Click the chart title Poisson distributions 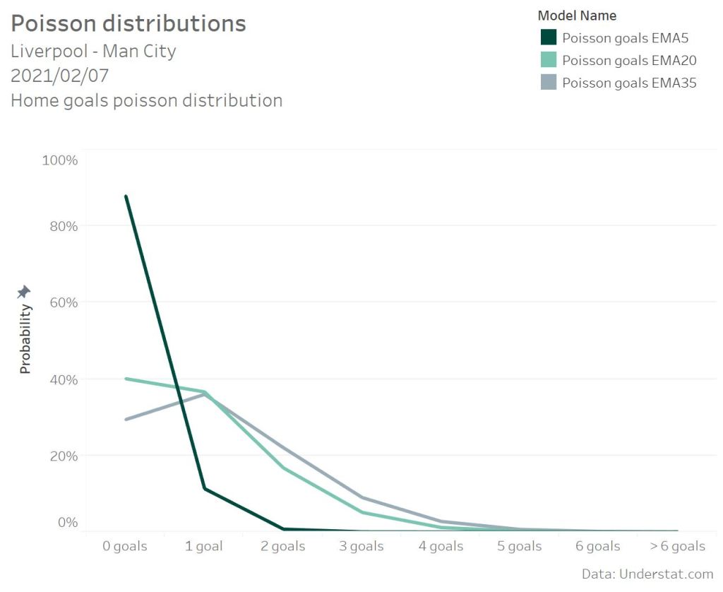pos(129,23)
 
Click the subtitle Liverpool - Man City pos(93,52)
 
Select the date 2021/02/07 pos(59,76)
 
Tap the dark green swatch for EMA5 pos(549,37)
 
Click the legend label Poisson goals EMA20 pos(628,60)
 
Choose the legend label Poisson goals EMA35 pos(628,83)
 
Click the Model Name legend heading pos(577,16)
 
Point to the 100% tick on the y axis pos(60,160)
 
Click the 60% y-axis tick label pos(63,302)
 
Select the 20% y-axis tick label pos(63,456)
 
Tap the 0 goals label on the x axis pos(125,546)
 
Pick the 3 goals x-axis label pos(361,546)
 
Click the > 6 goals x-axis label pos(676,546)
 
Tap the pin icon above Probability pos(24,292)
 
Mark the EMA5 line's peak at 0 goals pos(126,196)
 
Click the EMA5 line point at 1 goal pos(205,489)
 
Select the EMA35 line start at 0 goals pos(126,420)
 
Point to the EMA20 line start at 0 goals pos(126,379)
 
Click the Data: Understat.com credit pos(647,574)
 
